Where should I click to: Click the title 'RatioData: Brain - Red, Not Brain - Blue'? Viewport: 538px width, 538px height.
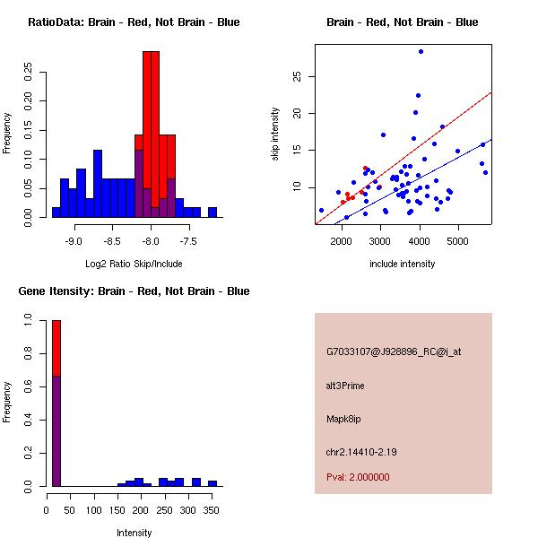coord(134,22)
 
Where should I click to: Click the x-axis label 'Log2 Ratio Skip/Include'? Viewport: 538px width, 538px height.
coord(134,264)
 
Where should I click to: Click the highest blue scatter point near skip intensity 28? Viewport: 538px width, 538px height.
coord(421,52)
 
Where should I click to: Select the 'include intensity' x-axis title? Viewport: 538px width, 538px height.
coord(403,264)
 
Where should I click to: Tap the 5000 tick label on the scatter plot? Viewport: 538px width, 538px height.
coord(457,241)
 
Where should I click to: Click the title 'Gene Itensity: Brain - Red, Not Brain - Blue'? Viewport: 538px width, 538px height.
coord(134,291)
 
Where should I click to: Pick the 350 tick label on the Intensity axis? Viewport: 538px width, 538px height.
coord(212,510)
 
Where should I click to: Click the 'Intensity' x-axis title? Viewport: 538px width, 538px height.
coord(134,533)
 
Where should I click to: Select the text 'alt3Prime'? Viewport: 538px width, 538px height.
coord(345,386)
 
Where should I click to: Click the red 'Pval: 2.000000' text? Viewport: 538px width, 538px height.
coord(358,477)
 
